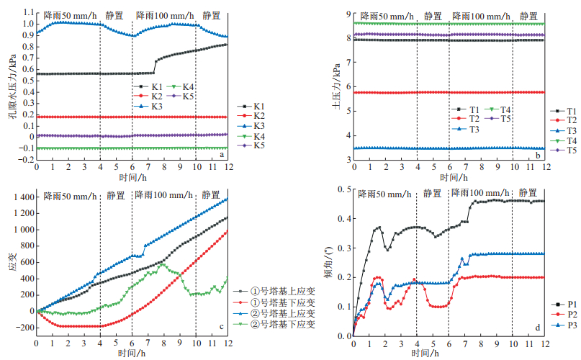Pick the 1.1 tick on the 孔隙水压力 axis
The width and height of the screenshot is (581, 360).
pyautogui.click(x=27, y=12)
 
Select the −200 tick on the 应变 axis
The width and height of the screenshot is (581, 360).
pyautogui.click(x=22, y=328)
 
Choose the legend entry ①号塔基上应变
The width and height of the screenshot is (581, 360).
pyautogui.click(x=281, y=291)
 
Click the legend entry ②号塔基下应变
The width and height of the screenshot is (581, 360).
pyautogui.click(x=281, y=325)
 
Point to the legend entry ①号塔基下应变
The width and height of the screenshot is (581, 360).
pyautogui.click(x=281, y=302)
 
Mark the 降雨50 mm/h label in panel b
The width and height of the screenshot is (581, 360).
pyautogui.click(x=387, y=16)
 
